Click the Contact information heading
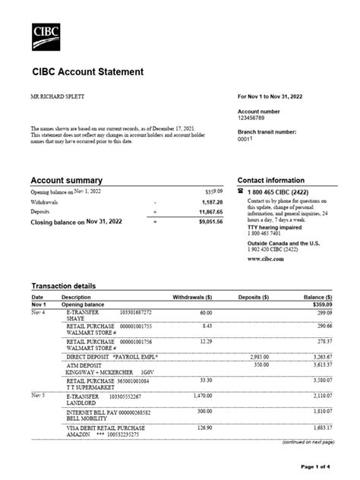[271, 180]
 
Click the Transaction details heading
[63, 286]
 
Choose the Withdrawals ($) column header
[193, 296]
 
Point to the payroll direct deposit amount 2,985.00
[260, 355]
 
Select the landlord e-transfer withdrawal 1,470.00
[201, 396]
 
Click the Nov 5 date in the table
[38, 396]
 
